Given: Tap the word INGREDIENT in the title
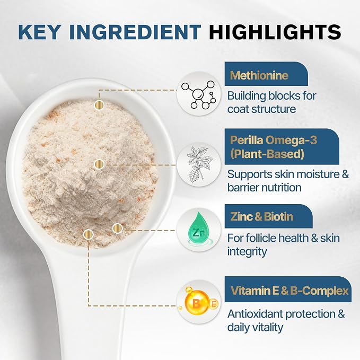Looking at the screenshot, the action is [135, 32].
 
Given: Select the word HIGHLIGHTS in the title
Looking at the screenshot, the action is [275, 32].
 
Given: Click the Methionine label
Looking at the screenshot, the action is [259, 75].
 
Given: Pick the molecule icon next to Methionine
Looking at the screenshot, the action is [199, 94].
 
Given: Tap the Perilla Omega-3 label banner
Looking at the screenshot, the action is [282, 146].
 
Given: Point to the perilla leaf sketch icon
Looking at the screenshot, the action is [199, 165].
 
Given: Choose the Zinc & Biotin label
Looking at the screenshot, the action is [262, 216].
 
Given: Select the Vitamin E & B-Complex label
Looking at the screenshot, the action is [289, 291].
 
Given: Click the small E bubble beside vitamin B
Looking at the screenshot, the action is [214, 304].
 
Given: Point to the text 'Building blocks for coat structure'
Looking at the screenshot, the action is [272, 102].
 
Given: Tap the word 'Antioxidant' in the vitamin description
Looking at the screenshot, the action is [255, 314].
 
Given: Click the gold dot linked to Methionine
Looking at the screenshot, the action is [99, 105].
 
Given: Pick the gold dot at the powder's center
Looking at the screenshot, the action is [99, 164].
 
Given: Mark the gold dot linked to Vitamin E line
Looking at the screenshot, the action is [89, 234].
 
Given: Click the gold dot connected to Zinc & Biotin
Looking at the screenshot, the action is [118, 228].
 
